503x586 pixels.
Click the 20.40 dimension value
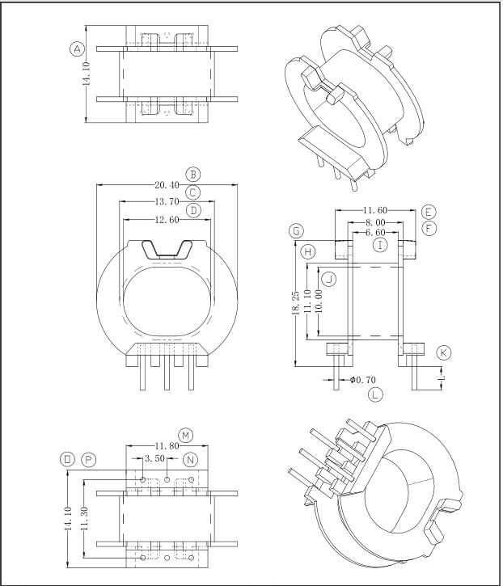167,184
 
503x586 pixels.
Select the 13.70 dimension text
167,202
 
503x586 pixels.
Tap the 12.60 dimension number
167,220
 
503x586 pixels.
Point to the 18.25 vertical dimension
296,303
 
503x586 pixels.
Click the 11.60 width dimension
375,210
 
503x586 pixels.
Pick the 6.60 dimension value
375,233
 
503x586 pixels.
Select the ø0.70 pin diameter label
363,380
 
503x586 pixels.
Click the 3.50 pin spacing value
154,458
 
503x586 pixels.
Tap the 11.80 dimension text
167,446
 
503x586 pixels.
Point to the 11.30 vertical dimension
84,518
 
